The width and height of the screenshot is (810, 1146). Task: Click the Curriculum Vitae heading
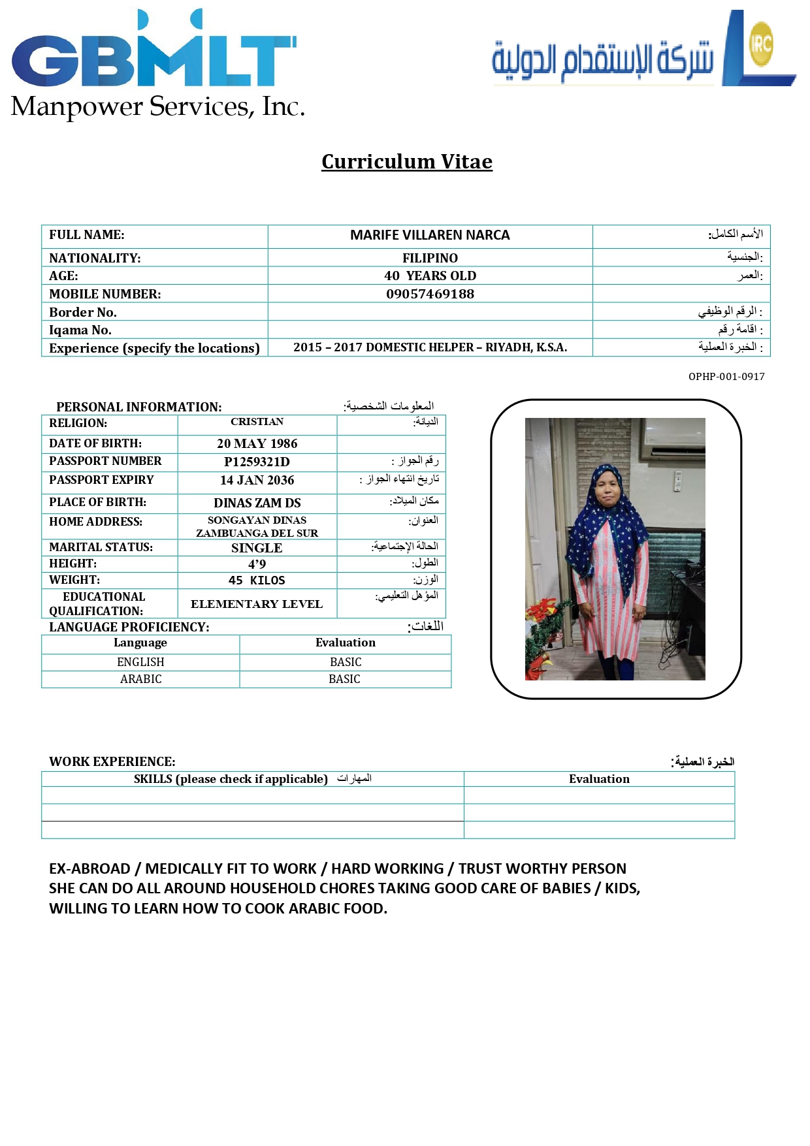click(x=406, y=161)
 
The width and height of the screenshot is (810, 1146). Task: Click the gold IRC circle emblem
click(x=761, y=44)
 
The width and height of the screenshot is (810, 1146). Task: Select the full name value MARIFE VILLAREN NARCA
click(x=430, y=235)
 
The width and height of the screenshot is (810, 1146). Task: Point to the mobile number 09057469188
click(x=430, y=294)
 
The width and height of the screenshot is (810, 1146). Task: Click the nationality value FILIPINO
click(x=430, y=258)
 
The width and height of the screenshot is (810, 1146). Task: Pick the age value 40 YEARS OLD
click(x=430, y=276)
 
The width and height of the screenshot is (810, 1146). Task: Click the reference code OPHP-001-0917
click(x=726, y=377)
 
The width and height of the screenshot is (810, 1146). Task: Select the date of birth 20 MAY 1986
click(x=257, y=443)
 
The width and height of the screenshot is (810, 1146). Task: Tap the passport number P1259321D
click(x=257, y=462)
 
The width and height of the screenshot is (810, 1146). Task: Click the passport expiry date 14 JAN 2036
click(x=257, y=480)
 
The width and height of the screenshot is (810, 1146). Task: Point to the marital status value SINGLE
click(x=257, y=548)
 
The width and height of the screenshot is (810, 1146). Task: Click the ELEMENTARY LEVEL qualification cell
click(x=257, y=604)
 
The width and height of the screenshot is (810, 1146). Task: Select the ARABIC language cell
click(x=140, y=679)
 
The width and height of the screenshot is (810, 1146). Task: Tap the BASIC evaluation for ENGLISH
click(x=345, y=662)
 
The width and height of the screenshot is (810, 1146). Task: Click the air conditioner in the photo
click(x=673, y=439)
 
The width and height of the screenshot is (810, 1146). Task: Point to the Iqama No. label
click(x=80, y=330)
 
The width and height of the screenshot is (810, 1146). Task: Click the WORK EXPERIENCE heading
click(x=112, y=761)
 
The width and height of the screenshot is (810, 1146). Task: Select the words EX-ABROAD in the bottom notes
click(x=89, y=868)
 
